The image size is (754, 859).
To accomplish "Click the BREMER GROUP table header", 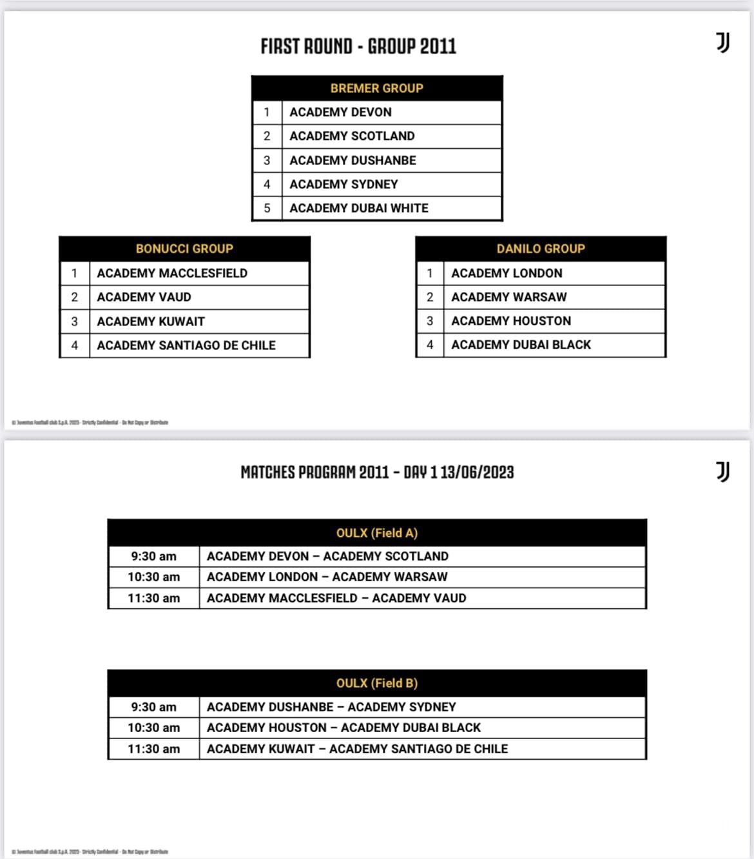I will point(376,88).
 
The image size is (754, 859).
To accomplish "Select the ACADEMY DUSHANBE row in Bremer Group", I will point(353,160).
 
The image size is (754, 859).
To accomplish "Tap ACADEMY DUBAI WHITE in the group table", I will point(359,208).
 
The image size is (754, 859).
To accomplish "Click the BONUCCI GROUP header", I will point(184,249).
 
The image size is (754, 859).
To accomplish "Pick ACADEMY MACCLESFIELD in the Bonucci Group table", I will point(172,273).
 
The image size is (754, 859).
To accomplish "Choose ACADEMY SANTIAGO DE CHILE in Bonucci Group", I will point(186,345).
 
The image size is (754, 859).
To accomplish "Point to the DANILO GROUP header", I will point(541,249).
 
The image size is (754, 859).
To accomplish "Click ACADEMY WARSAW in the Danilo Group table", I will point(509,297).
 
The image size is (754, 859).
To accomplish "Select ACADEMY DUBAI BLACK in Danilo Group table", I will point(521,345).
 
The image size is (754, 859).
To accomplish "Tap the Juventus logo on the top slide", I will point(723,43).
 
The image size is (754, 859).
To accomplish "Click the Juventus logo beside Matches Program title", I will point(723,472).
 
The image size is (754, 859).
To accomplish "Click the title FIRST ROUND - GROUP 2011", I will point(358,46).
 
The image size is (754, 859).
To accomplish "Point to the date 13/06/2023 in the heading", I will point(477,472).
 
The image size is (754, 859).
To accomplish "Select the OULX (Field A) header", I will point(376,533).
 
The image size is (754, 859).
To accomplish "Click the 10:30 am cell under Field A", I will point(153,577).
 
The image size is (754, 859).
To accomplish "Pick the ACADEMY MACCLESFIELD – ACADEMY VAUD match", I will point(336,598).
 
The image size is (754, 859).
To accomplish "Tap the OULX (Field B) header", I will point(376,683).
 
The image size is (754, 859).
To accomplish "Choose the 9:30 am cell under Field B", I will point(153,707).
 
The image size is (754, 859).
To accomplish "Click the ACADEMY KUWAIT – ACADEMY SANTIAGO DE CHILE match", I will point(357,749).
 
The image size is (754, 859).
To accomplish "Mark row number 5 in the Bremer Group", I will point(267,208).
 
